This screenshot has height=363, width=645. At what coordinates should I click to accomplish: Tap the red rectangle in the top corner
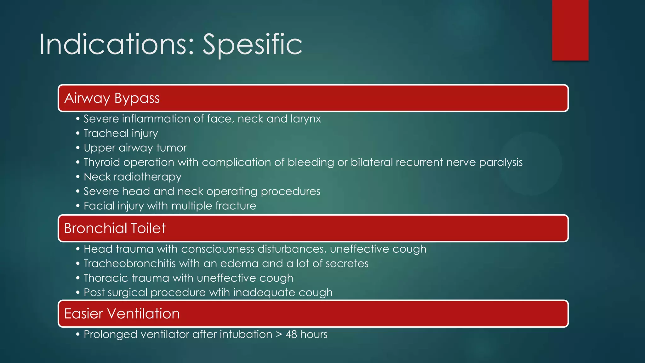570,30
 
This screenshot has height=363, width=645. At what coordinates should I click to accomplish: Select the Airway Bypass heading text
112,98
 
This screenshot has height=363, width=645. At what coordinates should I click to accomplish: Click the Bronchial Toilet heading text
115,228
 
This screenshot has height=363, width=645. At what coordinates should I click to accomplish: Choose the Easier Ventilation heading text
122,314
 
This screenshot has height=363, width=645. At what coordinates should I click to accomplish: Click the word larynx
305,119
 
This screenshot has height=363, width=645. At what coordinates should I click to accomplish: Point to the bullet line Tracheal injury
121,133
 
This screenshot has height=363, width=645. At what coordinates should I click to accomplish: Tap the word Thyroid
102,162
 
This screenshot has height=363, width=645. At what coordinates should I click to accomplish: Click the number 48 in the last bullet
291,334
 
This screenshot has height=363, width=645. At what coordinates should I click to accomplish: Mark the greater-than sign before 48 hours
279,334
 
